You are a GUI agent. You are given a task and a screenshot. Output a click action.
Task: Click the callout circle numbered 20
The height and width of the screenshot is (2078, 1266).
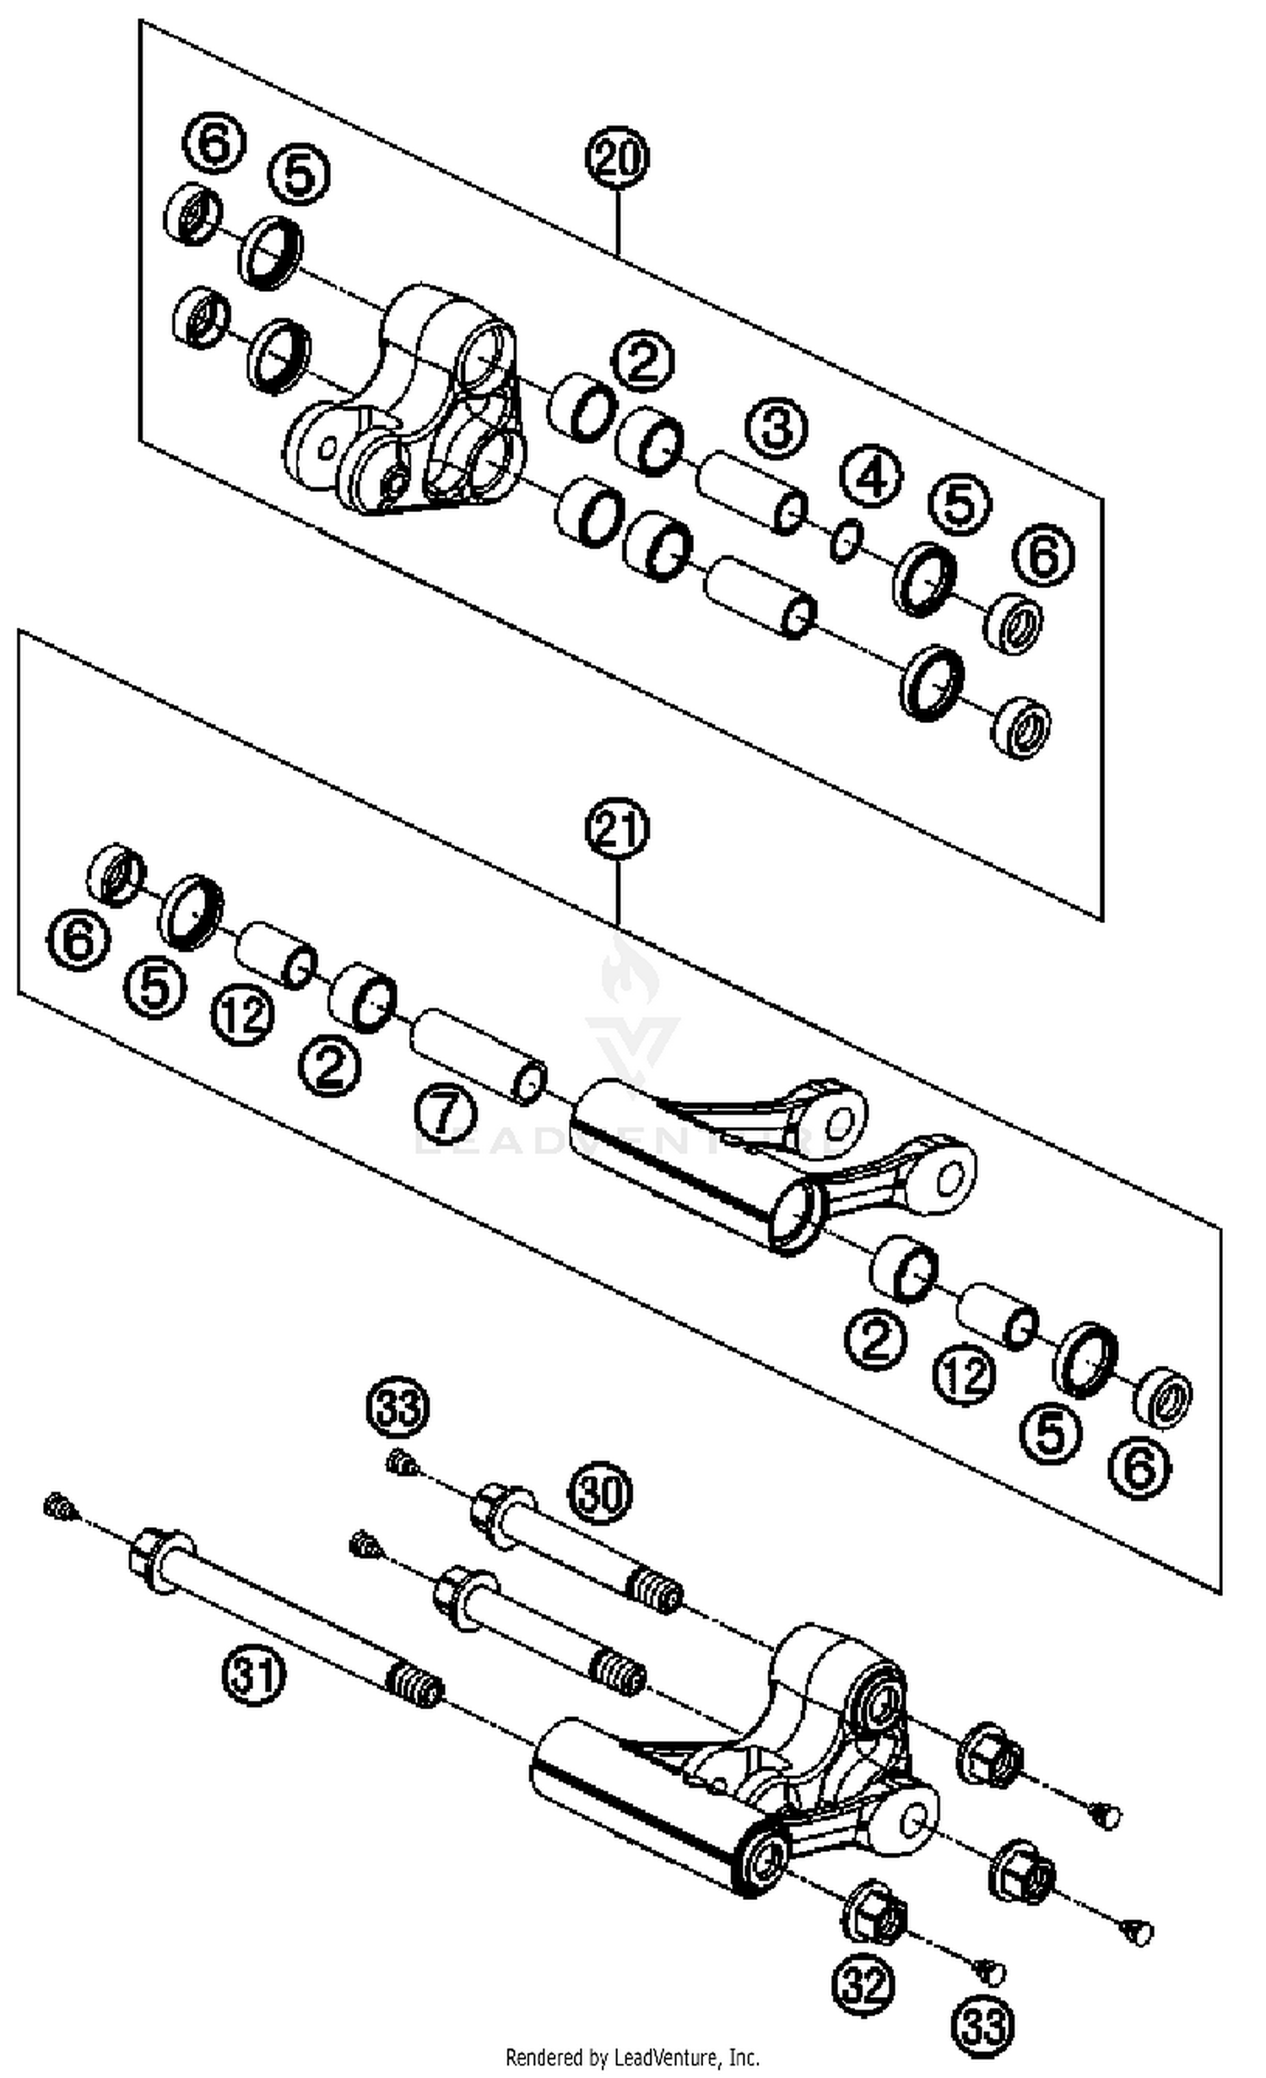(618, 158)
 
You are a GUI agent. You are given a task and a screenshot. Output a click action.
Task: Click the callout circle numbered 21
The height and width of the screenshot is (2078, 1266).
(618, 829)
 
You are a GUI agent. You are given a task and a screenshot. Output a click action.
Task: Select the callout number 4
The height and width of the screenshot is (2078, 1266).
(872, 478)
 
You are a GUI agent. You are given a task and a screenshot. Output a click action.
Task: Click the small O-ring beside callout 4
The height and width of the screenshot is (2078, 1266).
(846, 541)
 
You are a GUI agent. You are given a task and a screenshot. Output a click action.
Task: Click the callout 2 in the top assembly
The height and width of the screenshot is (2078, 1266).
(643, 363)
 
